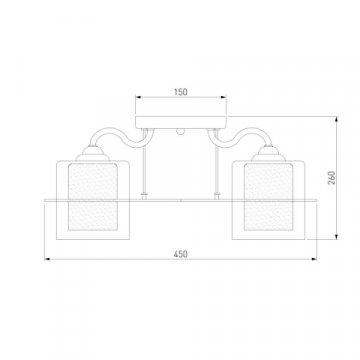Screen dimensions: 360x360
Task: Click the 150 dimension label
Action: [181, 92]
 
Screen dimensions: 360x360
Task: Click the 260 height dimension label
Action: [332, 178]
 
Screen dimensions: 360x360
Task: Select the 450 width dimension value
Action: [180, 254]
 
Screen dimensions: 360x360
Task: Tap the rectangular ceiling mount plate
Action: [181, 122]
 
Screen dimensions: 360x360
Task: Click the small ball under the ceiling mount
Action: [180, 132]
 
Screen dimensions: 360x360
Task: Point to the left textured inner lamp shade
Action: [93, 197]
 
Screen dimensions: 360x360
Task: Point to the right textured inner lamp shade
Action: [269, 197]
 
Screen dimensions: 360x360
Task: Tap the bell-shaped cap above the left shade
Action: [93, 154]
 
